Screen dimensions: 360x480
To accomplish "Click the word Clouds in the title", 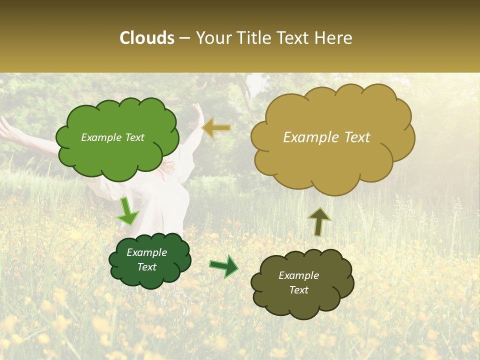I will (147, 38).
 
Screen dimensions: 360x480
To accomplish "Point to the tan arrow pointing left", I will (217, 128).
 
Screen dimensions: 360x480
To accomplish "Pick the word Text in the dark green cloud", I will (147, 267).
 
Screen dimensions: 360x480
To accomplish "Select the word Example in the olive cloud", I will (298, 275).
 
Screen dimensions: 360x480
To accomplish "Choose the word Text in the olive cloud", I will (298, 290).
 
